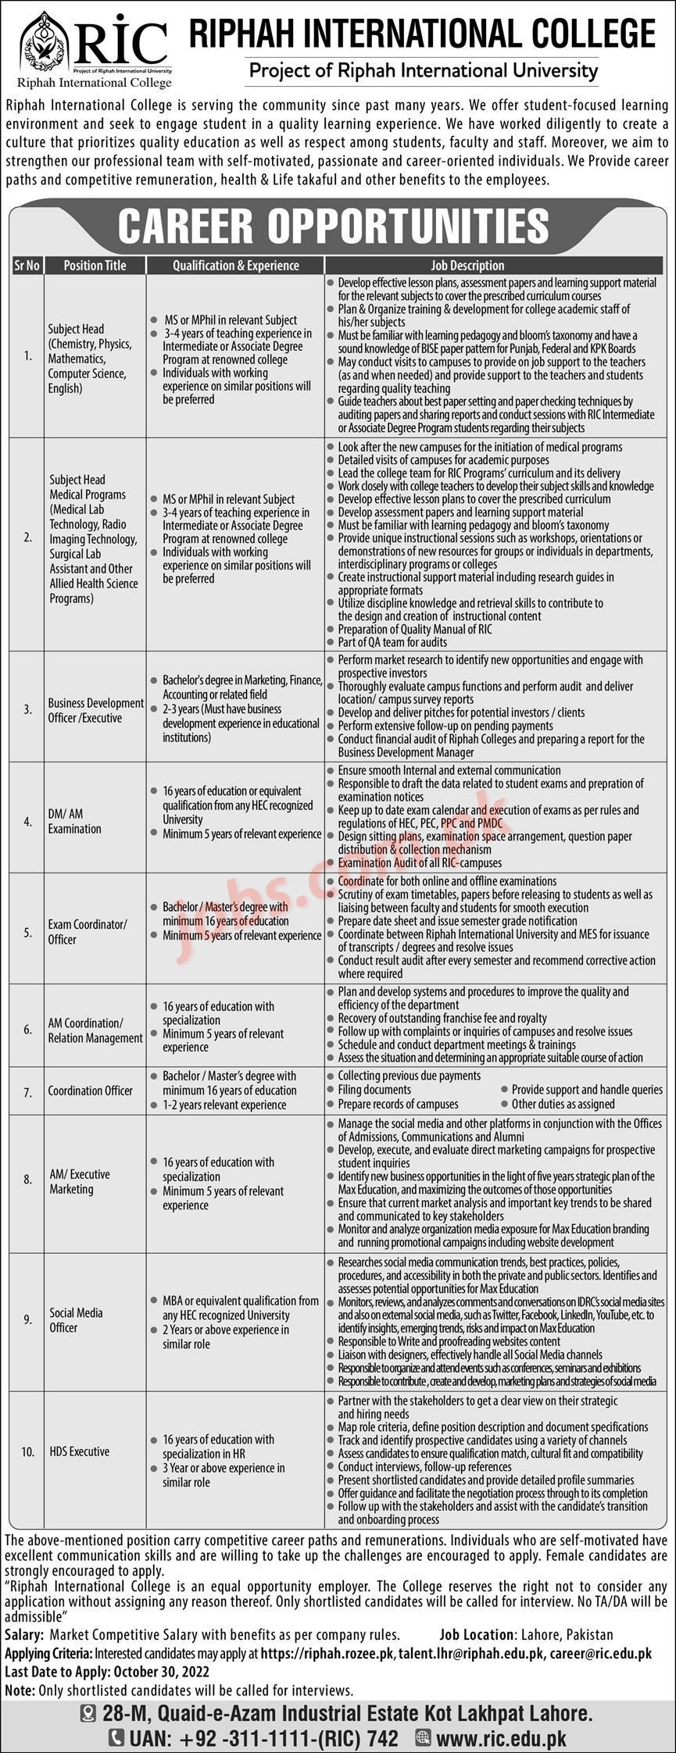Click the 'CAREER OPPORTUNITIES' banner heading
click(334, 225)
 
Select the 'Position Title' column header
click(95, 266)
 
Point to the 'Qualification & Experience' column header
click(235, 266)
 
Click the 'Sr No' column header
click(27, 266)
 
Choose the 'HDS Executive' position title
click(80, 1451)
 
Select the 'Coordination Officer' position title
click(91, 1091)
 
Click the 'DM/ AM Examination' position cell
click(75, 821)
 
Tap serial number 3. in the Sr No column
click(28, 710)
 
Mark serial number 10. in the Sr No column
click(28, 1452)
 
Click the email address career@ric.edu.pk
click(600, 1648)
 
